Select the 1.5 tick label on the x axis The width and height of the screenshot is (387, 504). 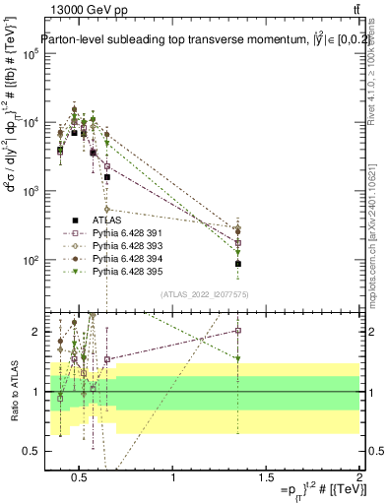[266, 477]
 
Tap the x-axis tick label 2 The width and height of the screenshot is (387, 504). [358, 477]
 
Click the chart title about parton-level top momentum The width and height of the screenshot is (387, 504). [197, 40]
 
